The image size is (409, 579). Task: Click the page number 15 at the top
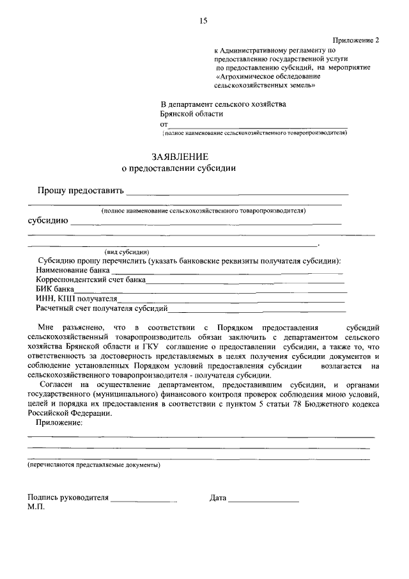coord(203,21)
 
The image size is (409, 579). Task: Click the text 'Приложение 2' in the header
coord(357,40)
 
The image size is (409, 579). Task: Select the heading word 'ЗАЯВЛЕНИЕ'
coord(180,157)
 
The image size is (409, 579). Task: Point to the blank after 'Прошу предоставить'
coord(237,191)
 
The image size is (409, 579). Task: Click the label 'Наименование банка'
coord(73,271)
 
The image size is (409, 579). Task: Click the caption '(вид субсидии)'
coord(127,251)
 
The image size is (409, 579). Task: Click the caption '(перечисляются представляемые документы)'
coord(94,465)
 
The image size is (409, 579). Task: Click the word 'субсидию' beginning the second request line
coord(47,221)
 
